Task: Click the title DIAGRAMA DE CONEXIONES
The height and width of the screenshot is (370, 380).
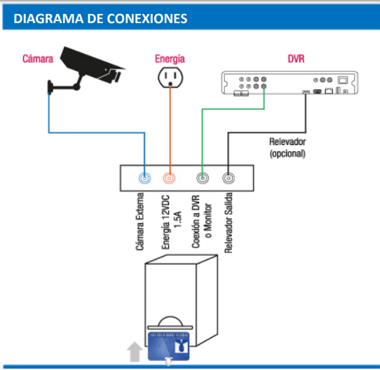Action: click(x=100, y=18)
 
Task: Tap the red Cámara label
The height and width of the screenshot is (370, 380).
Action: click(x=38, y=59)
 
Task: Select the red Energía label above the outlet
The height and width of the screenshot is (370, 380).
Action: click(x=170, y=59)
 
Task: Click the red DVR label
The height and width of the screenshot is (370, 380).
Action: click(x=296, y=59)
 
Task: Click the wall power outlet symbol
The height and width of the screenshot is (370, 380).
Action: click(x=170, y=77)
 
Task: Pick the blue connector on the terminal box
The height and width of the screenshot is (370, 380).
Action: click(x=144, y=178)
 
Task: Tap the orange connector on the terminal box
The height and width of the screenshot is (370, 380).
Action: click(x=169, y=178)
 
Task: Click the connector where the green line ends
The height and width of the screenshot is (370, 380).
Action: click(x=203, y=178)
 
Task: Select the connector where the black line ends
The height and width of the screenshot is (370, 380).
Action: click(x=229, y=178)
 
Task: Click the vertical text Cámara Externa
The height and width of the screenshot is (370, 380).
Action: click(x=140, y=221)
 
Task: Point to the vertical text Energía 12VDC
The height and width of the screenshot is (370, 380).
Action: click(x=165, y=222)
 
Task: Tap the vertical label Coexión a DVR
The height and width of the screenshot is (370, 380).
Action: click(x=196, y=221)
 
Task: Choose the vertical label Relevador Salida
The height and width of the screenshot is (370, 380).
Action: click(x=229, y=223)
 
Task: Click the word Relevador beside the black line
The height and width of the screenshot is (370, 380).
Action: click(x=287, y=142)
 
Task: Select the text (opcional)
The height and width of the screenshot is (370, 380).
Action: click(x=287, y=153)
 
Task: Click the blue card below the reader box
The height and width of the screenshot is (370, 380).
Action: click(x=169, y=346)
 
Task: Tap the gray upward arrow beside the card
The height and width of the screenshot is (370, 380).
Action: click(x=135, y=352)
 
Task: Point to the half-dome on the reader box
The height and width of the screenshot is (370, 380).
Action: click(x=170, y=321)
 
